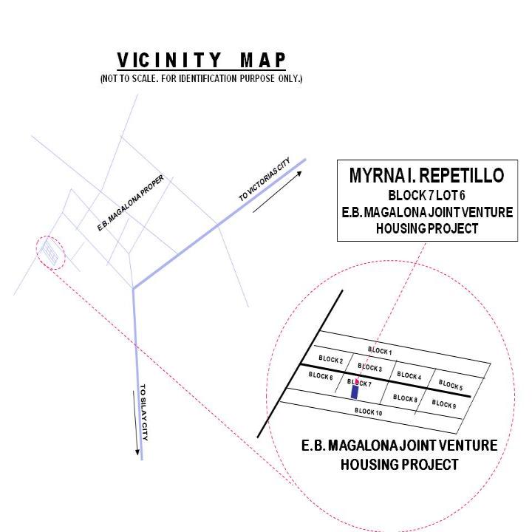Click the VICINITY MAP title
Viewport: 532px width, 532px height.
[202, 61]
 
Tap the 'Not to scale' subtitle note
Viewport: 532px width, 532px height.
[201, 79]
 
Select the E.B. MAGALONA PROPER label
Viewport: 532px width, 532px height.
[131, 202]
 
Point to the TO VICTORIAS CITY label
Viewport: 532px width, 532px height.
[265, 179]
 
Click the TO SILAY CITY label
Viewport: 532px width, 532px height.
[144, 412]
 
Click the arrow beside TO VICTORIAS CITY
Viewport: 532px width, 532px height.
[277, 191]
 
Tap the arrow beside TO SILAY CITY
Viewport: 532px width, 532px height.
[135, 423]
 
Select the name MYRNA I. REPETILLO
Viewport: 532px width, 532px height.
[427, 175]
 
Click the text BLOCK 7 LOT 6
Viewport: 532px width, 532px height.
[426, 195]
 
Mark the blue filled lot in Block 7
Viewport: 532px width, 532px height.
[355, 392]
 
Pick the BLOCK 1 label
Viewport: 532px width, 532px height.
[380, 351]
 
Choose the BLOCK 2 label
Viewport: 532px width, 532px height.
[331, 359]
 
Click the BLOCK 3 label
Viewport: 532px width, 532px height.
[370, 367]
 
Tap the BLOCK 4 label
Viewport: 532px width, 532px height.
[409, 375]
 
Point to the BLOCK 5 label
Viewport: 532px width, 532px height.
[451, 385]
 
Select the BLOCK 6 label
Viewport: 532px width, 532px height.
[321, 375]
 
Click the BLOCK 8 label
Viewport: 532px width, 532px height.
[405, 398]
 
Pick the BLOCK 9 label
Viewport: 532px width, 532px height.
[444, 403]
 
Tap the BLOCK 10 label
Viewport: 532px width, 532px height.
[369, 412]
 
